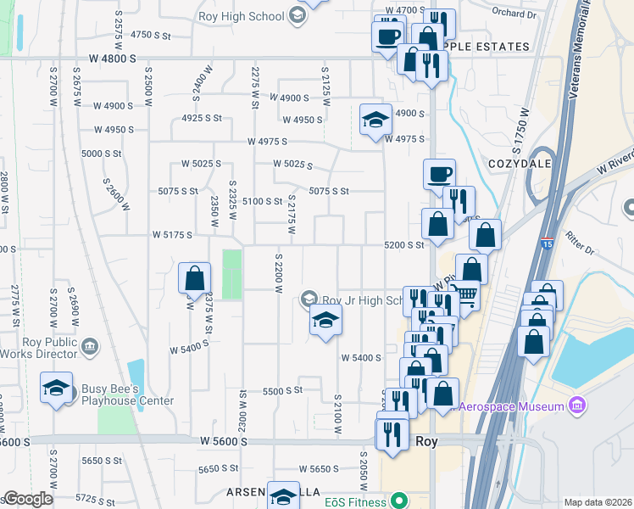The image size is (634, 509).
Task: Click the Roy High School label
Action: (240, 16)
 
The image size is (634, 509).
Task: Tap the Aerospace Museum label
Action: (512, 406)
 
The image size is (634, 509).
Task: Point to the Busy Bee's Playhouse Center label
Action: (127, 395)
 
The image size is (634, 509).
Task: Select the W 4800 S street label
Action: (112, 59)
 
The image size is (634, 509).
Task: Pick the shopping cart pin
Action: (465, 296)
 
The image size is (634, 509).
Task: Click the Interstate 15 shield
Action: (549, 243)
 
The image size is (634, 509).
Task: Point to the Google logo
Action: (27, 499)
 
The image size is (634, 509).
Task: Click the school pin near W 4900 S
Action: (375, 120)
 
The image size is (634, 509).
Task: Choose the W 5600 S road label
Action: (224, 441)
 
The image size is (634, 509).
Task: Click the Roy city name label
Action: (426, 441)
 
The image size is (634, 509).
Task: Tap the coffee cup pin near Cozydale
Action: (438, 175)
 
